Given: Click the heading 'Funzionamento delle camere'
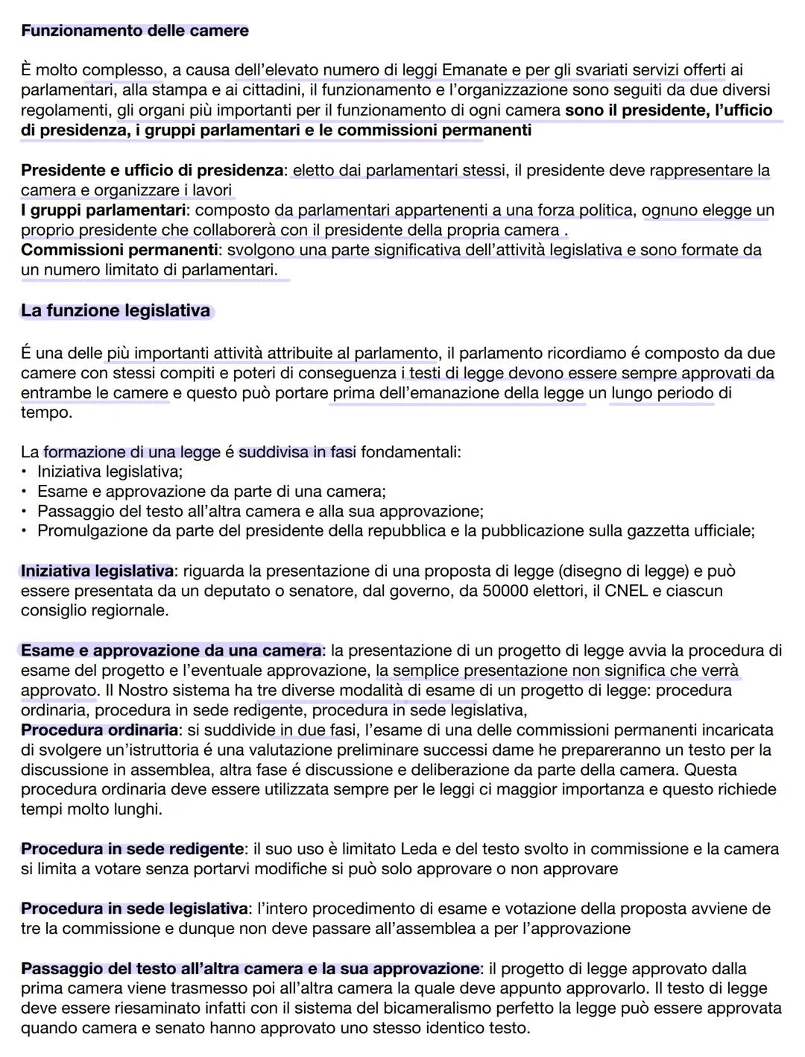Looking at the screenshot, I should click(134, 31).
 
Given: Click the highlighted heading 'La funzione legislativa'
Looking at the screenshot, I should click(116, 310).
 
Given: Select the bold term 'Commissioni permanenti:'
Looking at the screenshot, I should click(121, 250).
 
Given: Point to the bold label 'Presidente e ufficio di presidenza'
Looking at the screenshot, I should click(152, 170).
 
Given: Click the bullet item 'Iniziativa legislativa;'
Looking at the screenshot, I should click(110, 471).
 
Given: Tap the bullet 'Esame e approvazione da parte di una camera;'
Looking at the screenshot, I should click(212, 492).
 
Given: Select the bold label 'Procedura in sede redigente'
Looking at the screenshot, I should click(132, 849).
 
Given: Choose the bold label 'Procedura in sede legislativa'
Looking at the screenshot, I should click(134, 909).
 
